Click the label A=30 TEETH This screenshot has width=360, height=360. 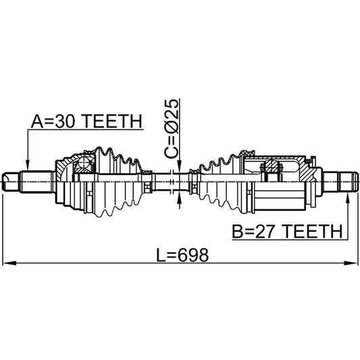(x=86, y=121)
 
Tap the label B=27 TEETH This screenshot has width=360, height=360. (x=287, y=231)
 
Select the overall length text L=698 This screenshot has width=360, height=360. (x=182, y=255)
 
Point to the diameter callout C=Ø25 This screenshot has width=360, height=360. (x=172, y=129)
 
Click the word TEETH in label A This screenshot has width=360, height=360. (x=112, y=121)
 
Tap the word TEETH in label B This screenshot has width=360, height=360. (x=313, y=231)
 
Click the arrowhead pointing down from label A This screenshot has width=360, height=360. (x=28, y=165)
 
